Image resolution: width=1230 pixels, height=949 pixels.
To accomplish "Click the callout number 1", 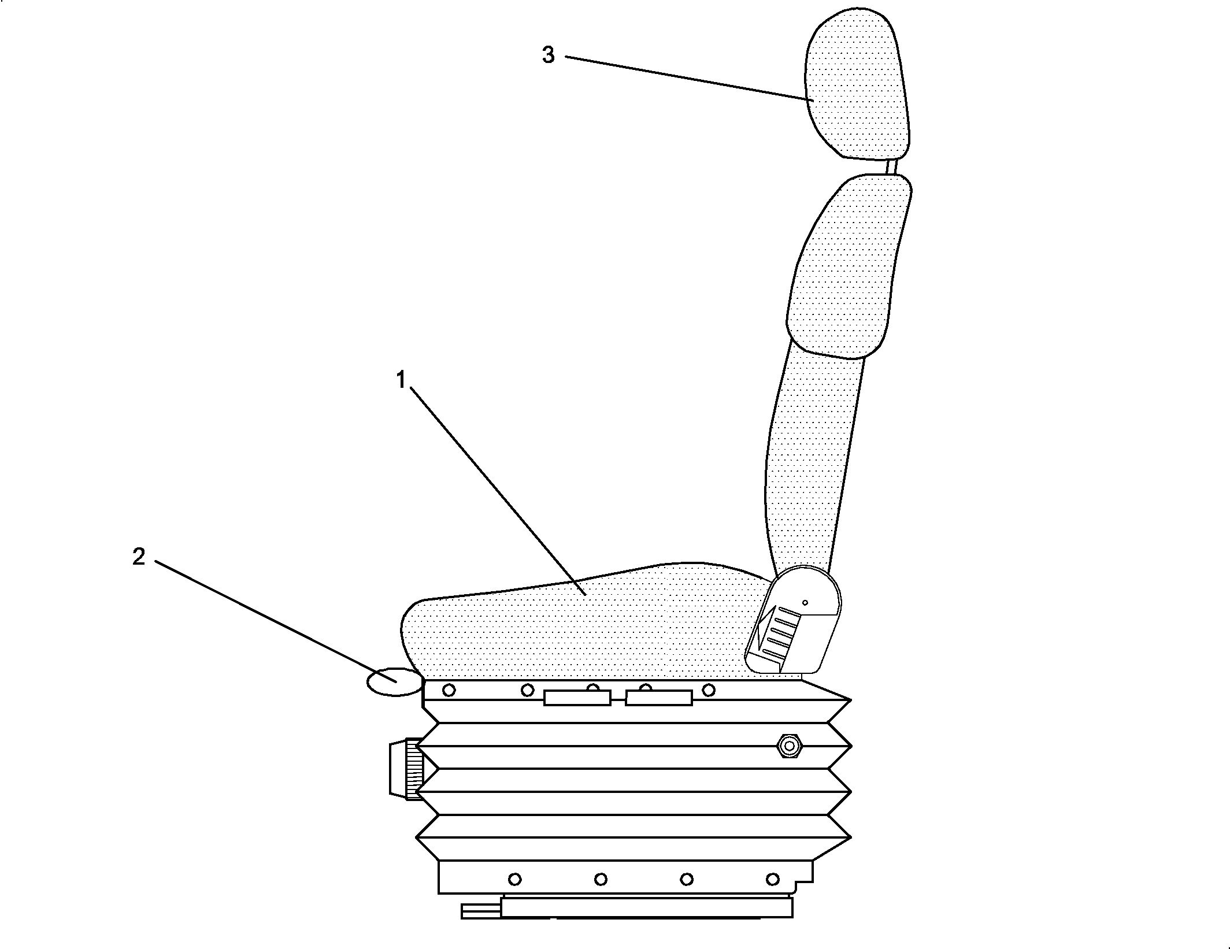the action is point(401,380).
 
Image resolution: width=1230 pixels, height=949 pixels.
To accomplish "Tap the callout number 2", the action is point(139,557).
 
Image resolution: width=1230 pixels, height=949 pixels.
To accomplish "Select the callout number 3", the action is point(548,55).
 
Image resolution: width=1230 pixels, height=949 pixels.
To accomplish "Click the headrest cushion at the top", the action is point(858,84).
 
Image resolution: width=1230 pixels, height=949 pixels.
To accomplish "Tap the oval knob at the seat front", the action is point(396,683).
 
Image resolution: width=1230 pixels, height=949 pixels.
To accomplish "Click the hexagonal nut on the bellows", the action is point(788,746).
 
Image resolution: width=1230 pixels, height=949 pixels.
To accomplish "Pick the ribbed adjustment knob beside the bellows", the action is point(406,769).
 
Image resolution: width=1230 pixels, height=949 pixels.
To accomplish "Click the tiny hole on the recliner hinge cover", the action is point(805,603).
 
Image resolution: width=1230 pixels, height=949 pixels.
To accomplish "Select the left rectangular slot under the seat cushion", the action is point(577,698).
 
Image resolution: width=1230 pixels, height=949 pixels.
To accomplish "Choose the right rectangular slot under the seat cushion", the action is point(659,698).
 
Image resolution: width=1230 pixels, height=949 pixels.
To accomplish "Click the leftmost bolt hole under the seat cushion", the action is point(449,689).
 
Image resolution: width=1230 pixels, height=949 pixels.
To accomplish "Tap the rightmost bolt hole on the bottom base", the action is point(772,880).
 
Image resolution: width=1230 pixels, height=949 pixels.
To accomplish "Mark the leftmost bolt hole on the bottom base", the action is point(514,880).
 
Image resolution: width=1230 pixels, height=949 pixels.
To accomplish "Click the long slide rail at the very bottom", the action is point(646,907).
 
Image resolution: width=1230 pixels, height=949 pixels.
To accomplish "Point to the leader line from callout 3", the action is point(690,79).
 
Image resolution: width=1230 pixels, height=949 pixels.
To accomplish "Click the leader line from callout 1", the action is point(499,491).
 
